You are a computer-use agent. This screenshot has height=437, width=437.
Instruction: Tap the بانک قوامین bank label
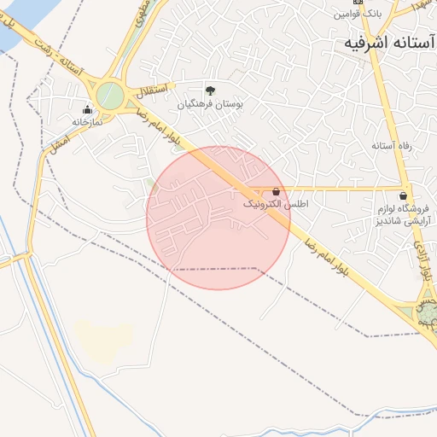coord(357,15)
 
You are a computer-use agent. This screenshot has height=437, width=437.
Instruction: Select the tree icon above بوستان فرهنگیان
coord(210,90)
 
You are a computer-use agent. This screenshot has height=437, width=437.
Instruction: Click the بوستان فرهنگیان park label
coord(210,103)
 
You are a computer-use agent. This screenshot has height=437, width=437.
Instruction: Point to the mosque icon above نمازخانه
coord(87,109)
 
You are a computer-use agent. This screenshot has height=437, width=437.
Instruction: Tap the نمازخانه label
coord(86,121)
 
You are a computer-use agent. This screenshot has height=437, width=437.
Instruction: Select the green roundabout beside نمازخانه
coord(110,96)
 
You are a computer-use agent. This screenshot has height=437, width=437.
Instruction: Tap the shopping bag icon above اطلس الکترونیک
coord(276,192)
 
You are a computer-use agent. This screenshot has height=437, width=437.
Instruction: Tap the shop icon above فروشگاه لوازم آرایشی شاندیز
coord(403,195)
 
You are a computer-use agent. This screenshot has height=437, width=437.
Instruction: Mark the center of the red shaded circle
coord(218,218)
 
